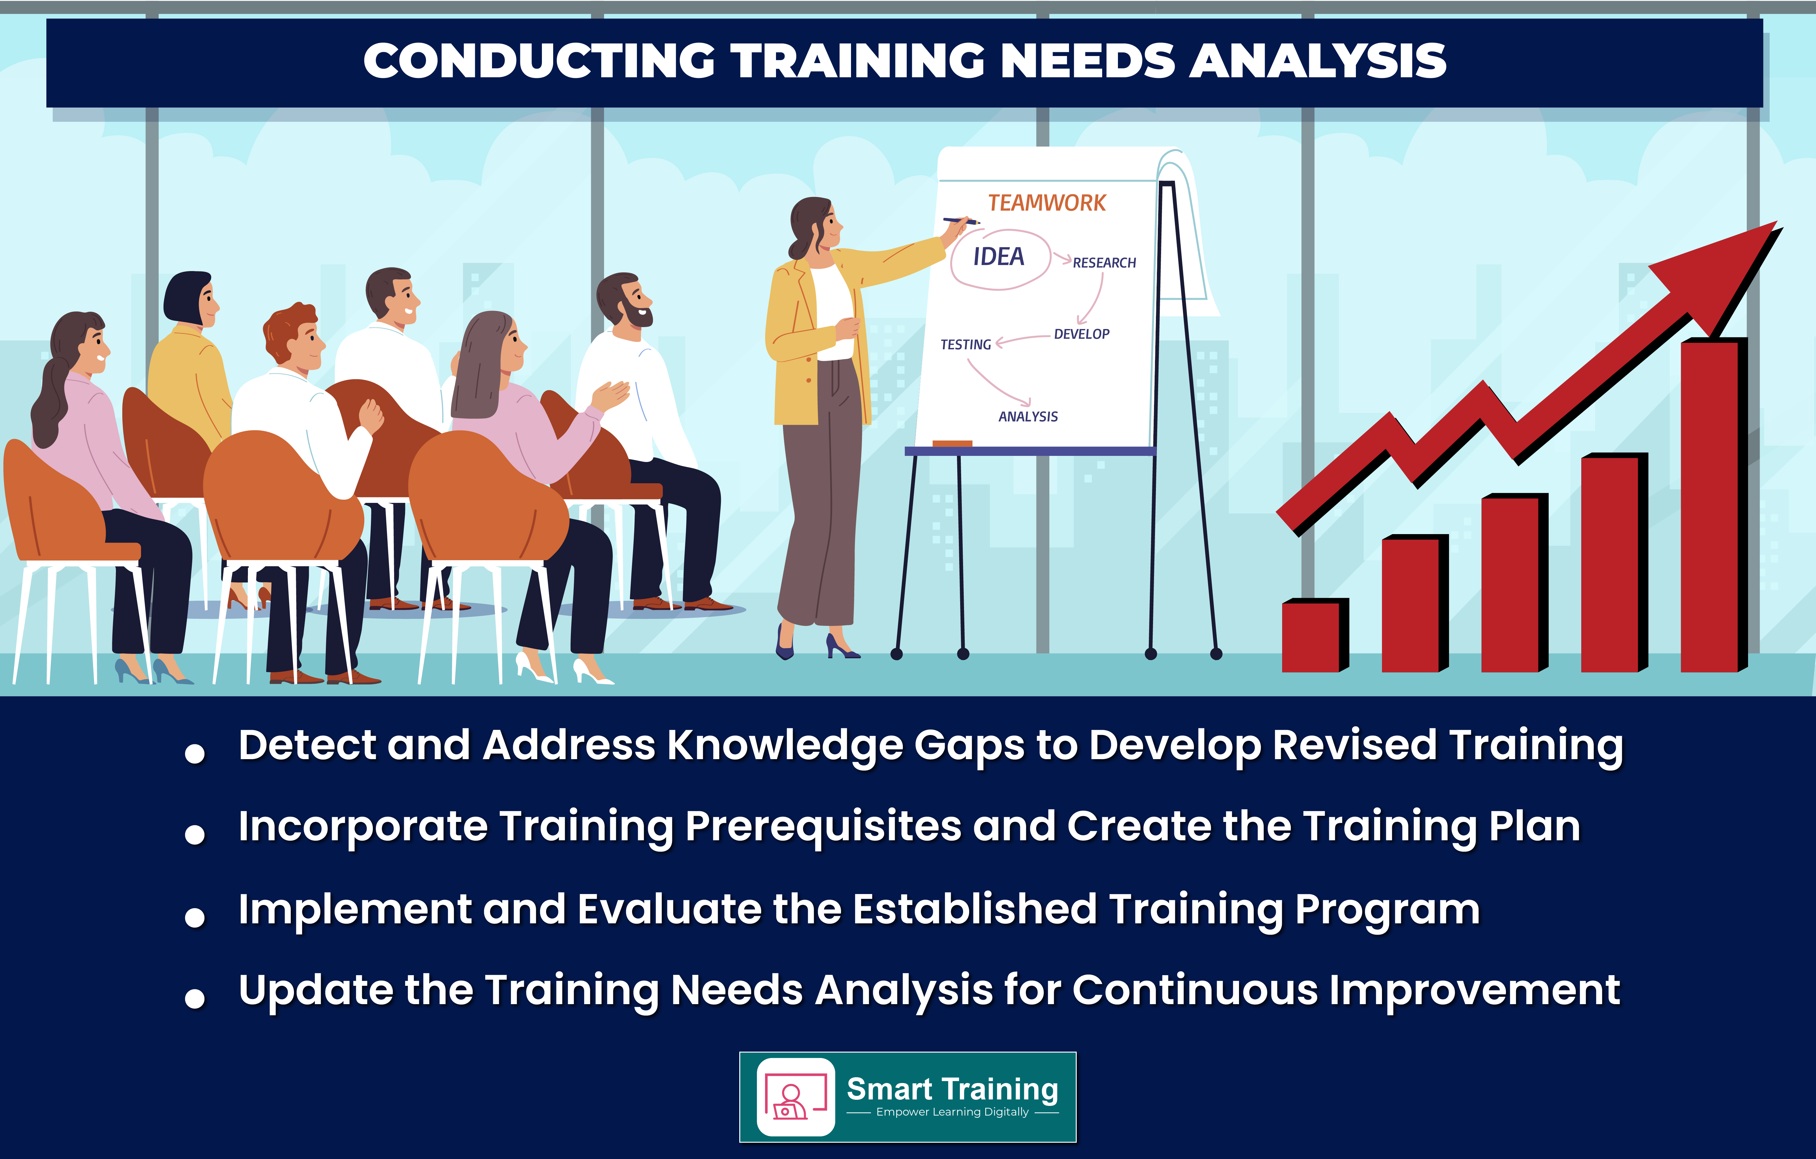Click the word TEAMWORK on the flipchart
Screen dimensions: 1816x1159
[1047, 203]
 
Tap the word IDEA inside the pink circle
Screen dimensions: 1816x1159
[998, 257]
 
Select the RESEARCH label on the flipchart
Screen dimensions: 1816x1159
[1104, 262]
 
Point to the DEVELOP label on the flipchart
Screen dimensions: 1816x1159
[1082, 334]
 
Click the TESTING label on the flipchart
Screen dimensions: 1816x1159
[965, 344]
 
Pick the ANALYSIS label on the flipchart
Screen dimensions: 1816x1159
[1028, 416]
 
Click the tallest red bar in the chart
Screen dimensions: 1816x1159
[1713, 505]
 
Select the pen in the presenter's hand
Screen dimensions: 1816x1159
[961, 221]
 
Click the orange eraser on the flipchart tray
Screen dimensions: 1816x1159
[952, 443]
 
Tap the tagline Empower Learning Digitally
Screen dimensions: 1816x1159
[952, 1112]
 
